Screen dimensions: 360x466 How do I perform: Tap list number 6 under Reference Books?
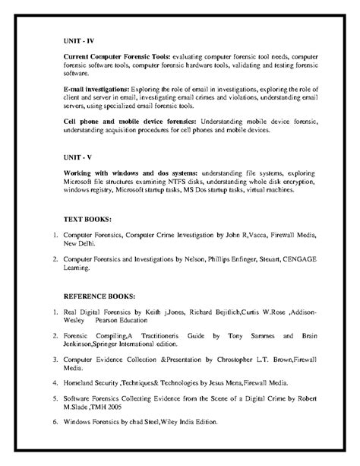point(56,421)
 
